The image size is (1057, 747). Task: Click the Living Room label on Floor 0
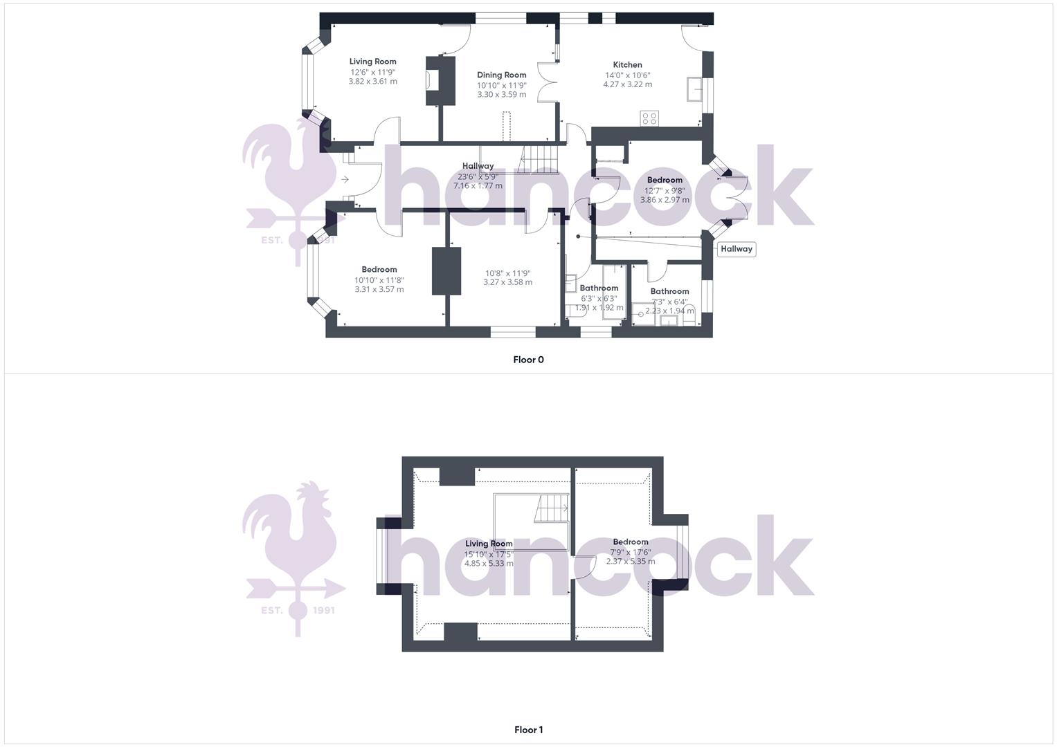pos(372,62)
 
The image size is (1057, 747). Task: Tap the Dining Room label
pos(501,75)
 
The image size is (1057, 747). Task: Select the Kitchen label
pos(627,64)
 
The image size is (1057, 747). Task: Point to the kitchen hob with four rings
pos(649,118)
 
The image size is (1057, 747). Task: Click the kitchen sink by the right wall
pos(694,89)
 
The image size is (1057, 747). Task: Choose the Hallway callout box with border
pos(736,249)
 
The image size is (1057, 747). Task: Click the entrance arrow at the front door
pos(345,180)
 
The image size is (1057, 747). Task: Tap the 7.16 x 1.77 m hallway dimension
pos(478,185)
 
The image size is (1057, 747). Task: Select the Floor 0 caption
pos(528,360)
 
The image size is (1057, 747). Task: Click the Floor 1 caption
pos(528,730)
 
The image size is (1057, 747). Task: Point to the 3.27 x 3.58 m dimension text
pos(507,282)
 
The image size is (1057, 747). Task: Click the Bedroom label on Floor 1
pos(630,542)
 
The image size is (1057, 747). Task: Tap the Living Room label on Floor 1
pos(489,544)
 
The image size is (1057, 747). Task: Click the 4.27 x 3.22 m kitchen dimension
pos(627,84)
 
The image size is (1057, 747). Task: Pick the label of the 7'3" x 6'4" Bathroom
pos(669,291)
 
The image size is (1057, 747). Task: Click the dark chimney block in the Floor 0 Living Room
pos(441,80)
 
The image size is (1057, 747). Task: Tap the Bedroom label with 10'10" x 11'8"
pos(379,270)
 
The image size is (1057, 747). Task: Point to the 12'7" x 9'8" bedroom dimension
pos(665,190)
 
